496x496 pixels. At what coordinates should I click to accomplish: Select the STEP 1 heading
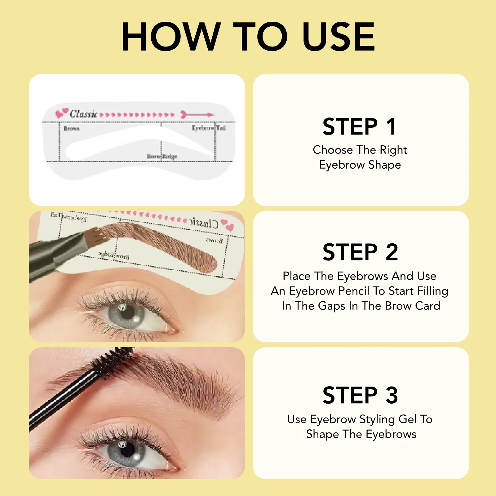coord(360,127)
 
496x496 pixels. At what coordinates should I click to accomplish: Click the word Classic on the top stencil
coord(83,114)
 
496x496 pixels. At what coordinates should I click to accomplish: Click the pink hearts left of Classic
coord(62,113)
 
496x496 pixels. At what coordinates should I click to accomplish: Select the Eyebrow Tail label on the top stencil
coord(209,128)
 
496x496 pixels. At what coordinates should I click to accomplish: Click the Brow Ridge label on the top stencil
coord(162,156)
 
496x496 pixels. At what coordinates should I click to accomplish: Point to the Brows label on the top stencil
coord(71,128)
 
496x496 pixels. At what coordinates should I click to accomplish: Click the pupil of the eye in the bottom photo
coord(127,450)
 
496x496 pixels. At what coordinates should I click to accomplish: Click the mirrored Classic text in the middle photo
coord(204,223)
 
